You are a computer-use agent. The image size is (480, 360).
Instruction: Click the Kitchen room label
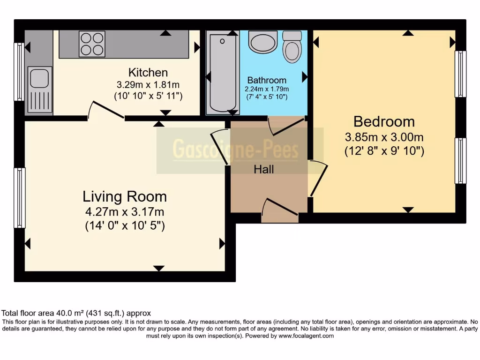(148, 73)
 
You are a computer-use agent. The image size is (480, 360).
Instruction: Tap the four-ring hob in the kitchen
(92, 44)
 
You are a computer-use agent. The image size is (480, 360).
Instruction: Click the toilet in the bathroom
(292, 46)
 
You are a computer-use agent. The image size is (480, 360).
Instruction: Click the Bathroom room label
(267, 80)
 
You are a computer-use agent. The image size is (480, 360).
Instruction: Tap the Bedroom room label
(384, 122)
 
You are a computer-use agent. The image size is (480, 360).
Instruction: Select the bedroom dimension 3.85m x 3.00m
(384, 137)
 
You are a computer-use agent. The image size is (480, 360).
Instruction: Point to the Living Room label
(125, 196)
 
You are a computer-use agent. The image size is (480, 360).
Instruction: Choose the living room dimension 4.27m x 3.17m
(125, 212)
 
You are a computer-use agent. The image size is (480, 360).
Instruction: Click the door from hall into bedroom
(317, 178)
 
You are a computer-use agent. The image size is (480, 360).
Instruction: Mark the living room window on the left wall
(20, 198)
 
